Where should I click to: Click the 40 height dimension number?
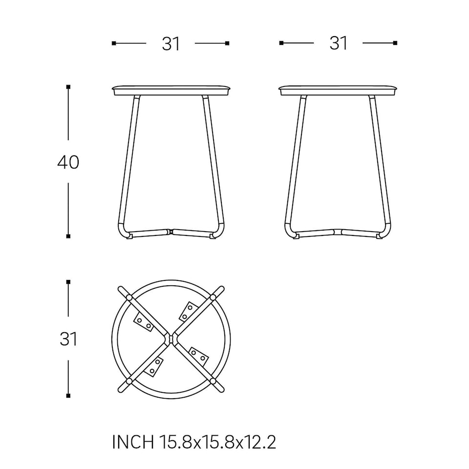click(68, 162)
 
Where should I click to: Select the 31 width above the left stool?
click(171, 44)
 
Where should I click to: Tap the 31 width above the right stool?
click(338, 43)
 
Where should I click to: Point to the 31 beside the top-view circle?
click(68, 339)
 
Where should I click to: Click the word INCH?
click(132, 443)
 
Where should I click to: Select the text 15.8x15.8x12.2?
click(217, 443)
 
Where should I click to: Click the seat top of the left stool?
click(171, 90)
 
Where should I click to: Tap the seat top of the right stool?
click(338, 90)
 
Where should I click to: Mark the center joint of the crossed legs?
click(171, 338)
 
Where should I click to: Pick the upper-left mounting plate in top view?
click(144, 322)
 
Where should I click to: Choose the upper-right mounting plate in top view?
click(188, 311)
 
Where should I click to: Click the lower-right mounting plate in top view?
click(198, 355)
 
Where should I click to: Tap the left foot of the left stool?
click(129, 236)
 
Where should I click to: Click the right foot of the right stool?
click(380, 235)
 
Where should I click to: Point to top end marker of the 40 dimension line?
click(68, 87)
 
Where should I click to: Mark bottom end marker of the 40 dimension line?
click(68, 236)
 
